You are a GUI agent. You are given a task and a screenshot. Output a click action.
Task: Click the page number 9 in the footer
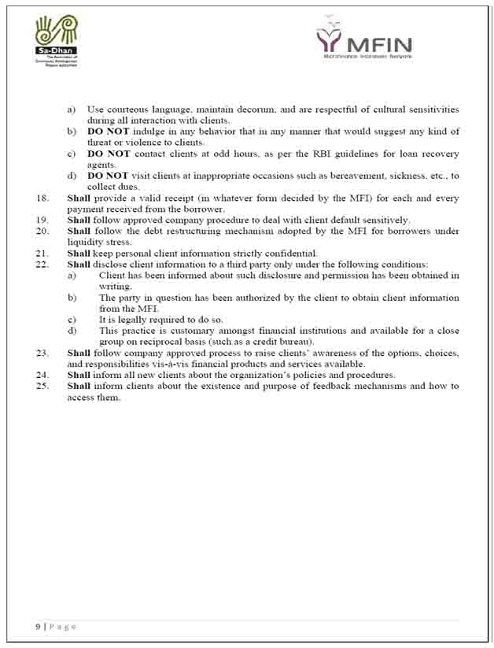point(38,627)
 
